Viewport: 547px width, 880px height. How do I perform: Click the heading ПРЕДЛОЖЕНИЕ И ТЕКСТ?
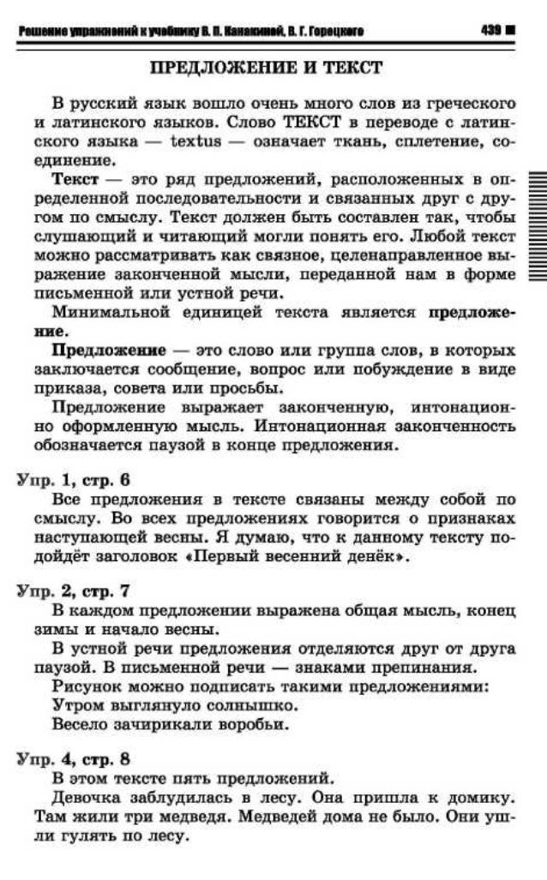pos(267,67)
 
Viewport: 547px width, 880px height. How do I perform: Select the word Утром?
pos(75,705)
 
